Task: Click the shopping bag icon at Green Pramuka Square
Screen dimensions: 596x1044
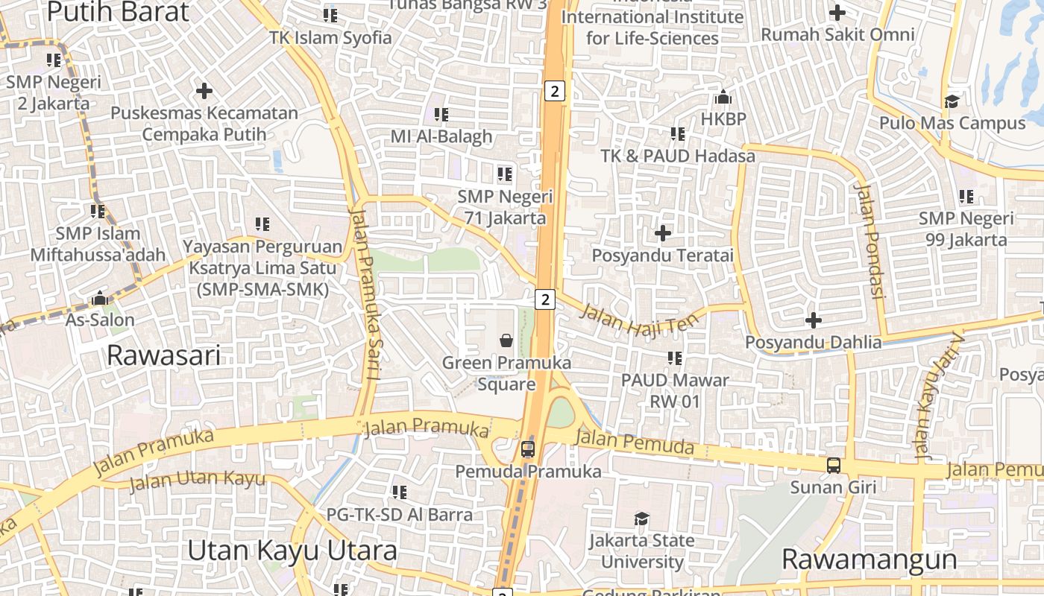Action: pyautogui.click(x=506, y=340)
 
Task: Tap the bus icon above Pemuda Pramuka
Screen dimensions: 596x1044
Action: pyautogui.click(x=528, y=448)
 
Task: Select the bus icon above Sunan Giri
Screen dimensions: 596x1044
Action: pyautogui.click(x=834, y=466)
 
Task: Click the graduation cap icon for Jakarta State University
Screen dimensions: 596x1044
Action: pyautogui.click(x=641, y=519)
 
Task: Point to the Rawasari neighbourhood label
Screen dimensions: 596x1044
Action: pyautogui.click(x=163, y=355)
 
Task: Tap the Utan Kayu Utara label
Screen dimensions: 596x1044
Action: pyautogui.click(x=292, y=551)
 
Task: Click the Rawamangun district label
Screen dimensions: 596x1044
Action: pyautogui.click(x=869, y=559)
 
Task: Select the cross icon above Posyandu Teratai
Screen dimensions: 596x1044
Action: pyautogui.click(x=662, y=233)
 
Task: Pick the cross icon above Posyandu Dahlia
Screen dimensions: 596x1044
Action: pyautogui.click(x=814, y=320)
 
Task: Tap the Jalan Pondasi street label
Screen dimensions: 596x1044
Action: pyautogui.click(x=870, y=241)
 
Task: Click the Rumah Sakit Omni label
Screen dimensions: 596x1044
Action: pyautogui.click(x=837, y=34)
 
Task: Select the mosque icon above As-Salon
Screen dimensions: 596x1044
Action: pyautogui.click(x=100, y=299)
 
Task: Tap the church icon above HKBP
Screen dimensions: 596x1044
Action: pyautogui.click(x=723, y=98)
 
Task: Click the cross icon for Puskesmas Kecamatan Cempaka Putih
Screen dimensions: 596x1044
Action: pyautogui.click(x=204, y=91)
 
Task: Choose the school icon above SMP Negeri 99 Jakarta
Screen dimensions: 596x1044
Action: pyautogui.click(x=966, y=197)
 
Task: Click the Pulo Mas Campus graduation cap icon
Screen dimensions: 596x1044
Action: pyautogui.click(x=952, y=101)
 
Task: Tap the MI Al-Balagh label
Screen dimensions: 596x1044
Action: pyautogui.click(x=441, y=136)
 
